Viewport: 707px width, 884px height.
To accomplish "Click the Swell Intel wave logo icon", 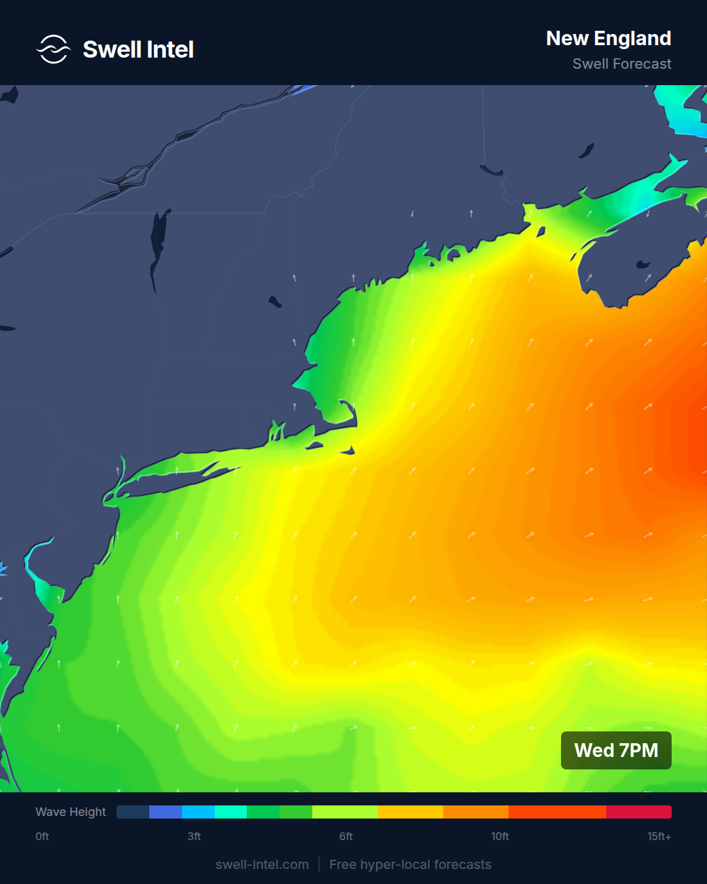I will click(x=53, y=49).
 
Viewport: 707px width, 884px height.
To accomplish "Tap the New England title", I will click(x=608, y=39).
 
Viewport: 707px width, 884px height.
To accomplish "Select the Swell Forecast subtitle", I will click(x=621, y=64).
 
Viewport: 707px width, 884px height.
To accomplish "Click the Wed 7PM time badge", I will click(x=616, y=750).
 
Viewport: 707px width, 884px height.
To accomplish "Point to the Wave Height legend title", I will click(x=71, y=812).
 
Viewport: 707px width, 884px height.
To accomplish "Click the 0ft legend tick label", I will click(x=43, y=836).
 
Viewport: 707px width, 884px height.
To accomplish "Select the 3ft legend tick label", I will click(x=194, y=836).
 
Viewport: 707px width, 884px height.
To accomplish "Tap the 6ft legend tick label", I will click(x=346, y=836).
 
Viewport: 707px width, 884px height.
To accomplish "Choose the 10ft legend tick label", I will click(x=500, y=836).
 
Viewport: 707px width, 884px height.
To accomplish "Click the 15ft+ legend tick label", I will click(x=659, y=836).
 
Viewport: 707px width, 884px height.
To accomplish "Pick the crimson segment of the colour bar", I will click(x=638, y=812).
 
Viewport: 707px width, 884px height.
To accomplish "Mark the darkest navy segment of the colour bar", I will click(x=133, y=812).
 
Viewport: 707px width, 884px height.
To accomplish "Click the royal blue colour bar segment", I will click(x=166, y=812).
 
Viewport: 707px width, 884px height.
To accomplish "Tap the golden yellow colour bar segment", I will click(x=410, y=812).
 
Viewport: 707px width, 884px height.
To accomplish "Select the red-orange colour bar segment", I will click(x=557, y=812).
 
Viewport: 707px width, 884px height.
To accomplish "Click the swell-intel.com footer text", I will click(x=262, y=864).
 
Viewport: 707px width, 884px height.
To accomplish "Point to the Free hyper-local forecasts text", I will click(x=410, y=864).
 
